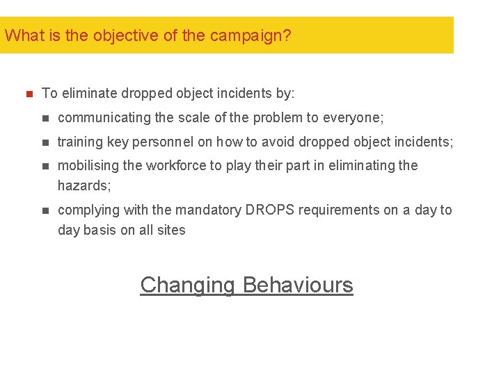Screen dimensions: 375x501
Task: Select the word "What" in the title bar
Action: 24,35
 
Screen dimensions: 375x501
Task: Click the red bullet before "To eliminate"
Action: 29,93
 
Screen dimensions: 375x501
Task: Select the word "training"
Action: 80,142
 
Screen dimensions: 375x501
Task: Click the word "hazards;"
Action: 84,185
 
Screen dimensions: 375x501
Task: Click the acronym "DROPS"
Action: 267,210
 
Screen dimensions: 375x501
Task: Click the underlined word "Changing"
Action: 187,285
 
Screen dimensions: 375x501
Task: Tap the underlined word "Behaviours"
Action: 298,285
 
